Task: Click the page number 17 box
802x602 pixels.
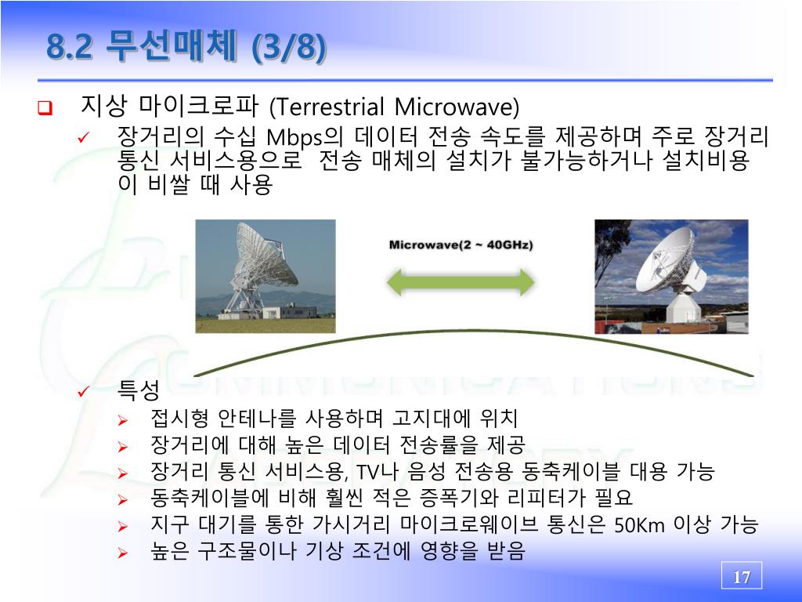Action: coord(741,575)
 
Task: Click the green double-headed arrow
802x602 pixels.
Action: coord(461,282)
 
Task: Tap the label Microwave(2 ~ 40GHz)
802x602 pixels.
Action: coord(461,245)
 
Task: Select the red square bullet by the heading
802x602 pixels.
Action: coord(45,108)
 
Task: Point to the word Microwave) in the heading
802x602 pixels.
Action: coord(457,107)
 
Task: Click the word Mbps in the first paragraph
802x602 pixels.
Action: coord(294,137)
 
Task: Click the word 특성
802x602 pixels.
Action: coord(139,390)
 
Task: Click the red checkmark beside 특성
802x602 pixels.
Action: coord(83,392)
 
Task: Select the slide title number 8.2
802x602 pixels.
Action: coord(70,46)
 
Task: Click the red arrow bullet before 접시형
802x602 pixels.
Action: coord(123,421)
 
